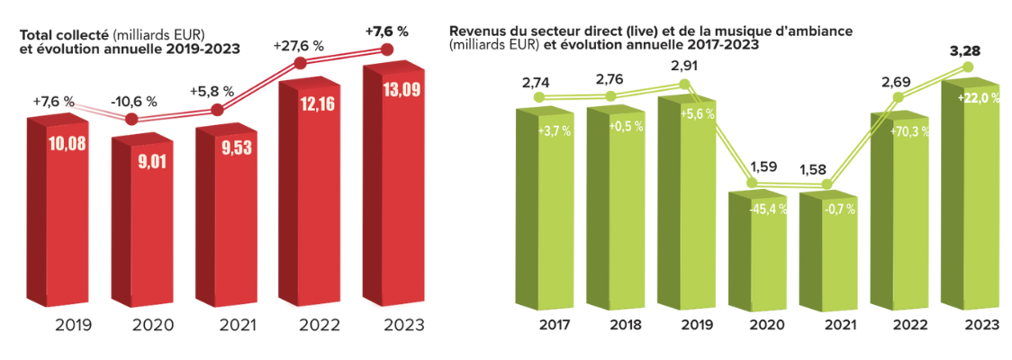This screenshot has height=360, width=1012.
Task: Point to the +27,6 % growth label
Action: pyautogui.click(x=300, y=42)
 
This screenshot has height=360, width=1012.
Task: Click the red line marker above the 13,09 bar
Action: pyautogui.click(x=388, y=49)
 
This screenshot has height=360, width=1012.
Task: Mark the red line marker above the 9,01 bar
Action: pyautogui.click(x=131, y=119)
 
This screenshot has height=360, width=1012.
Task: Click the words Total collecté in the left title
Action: pyautogui.click(x=58, y=34)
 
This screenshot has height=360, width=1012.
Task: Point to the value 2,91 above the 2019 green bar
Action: pyautogui.click(x=685, y=65)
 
